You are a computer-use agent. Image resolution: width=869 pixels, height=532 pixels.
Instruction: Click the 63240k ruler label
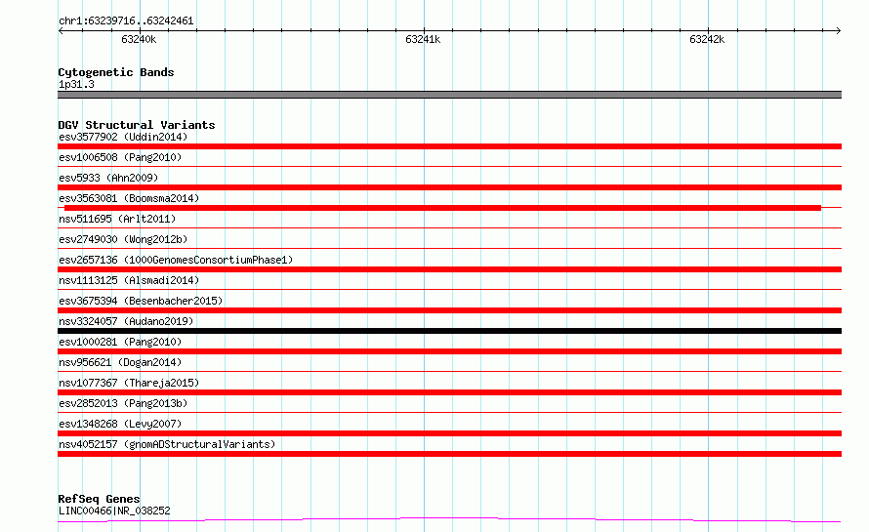[x=139, y=39]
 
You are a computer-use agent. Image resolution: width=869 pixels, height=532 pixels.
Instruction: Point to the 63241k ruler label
[x=423, y=39]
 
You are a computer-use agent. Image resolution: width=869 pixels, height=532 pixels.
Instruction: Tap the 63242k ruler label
[x=707, y=39]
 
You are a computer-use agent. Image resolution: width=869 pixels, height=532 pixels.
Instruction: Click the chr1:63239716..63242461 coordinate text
[x=126, y=21]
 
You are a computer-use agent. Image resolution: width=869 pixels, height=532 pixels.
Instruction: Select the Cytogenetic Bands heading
[x=116, y=72]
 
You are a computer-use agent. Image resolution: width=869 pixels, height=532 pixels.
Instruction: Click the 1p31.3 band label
[x=76, y=84]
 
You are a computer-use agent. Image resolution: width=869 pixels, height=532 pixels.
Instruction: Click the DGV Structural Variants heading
[x=137, y=125]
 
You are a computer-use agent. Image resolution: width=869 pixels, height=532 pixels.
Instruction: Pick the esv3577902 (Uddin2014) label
[x=123, y=137]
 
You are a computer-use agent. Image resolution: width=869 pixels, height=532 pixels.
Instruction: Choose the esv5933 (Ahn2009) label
[x=108, y=178]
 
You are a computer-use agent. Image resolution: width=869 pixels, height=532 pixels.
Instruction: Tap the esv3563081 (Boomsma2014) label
[x=129, y=198]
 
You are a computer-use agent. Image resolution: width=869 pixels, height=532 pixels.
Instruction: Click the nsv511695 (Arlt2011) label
[x=117, y=219]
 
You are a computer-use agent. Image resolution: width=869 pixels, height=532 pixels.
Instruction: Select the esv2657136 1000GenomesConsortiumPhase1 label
[x=176, y=260]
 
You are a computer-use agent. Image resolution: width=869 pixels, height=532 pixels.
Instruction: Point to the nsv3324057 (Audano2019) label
[x=126, y=321]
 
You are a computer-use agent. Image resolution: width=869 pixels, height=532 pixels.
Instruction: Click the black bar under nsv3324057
[x=449, y=331]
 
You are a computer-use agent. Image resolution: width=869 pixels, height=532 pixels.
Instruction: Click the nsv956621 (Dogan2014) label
[x=120, y=362]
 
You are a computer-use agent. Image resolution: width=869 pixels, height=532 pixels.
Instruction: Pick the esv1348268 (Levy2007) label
[x=120, y=424]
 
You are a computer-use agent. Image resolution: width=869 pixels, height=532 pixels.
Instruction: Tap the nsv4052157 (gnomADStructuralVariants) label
[x=167, y=444]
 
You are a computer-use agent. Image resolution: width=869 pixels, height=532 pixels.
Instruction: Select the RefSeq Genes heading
[x=99, y=499]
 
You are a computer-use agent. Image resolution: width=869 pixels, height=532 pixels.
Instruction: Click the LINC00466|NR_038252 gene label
[x=114, y=511]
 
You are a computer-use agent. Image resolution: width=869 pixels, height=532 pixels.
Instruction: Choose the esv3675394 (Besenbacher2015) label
[x=141, y=301]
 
